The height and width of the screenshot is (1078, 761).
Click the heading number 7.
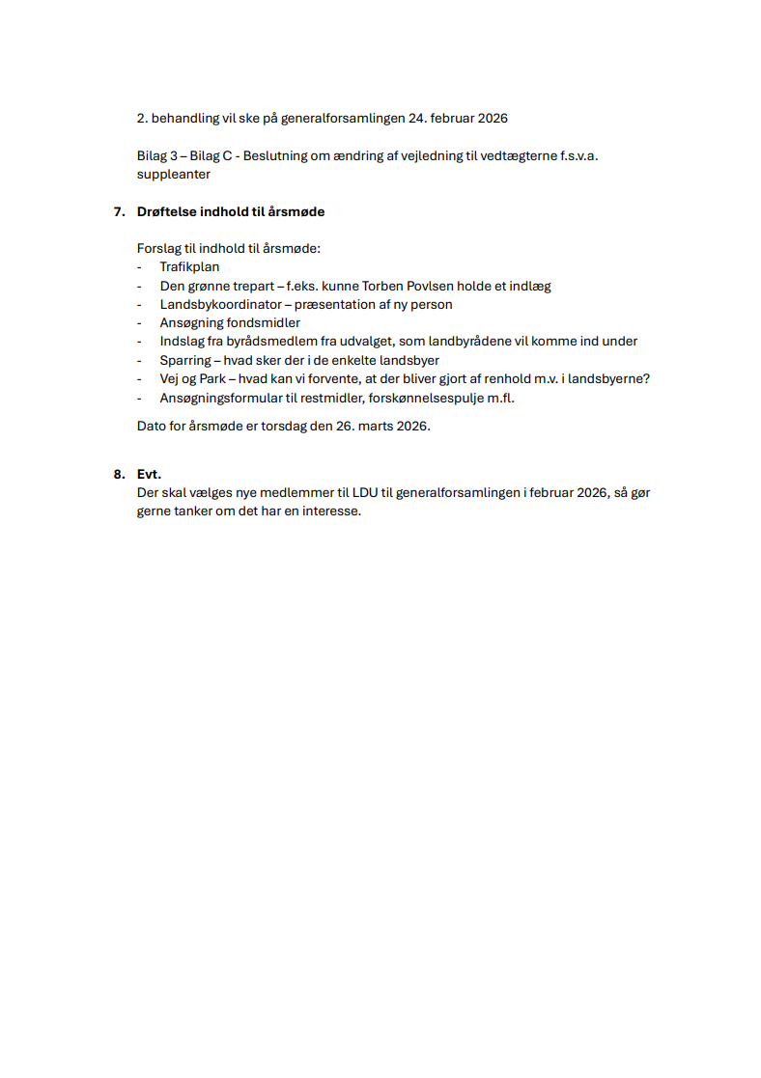point(119,211)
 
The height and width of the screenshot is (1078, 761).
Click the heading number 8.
point(119,474)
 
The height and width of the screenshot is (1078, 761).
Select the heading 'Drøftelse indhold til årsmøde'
point(231,211)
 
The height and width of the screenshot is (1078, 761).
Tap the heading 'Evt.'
point(149,474)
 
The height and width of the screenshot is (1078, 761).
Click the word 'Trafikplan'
point(189,267)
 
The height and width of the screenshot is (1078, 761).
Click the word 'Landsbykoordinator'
point(221,304)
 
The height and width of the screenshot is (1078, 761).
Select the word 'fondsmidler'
point(264,322)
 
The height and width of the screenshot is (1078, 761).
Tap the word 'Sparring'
point(184,360)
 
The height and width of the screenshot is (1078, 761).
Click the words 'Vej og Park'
point(192,378)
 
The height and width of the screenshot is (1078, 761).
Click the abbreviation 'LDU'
point(365,492)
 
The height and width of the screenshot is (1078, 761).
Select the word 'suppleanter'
point(173,175)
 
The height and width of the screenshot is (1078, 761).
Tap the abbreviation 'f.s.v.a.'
point(578,155)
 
